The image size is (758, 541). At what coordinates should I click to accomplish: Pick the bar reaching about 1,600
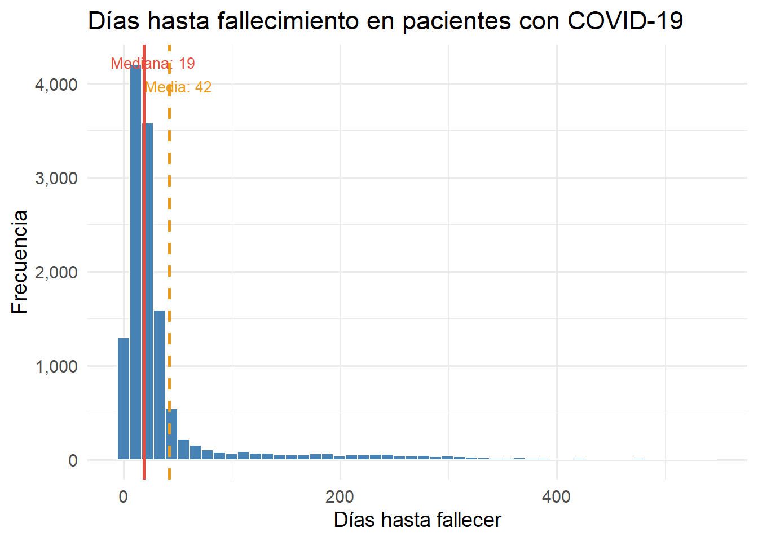[159, 389]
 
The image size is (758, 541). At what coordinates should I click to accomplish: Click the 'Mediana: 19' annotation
[153, 64]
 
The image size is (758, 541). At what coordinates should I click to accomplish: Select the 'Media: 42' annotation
[178, 87]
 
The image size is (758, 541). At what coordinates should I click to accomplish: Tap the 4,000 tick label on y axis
[56, 85]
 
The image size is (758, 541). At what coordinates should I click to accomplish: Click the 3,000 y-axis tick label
[56, 178]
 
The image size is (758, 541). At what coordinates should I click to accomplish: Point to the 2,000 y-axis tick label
[56, 272]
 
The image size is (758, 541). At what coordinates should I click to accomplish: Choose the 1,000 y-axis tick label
[56, 366]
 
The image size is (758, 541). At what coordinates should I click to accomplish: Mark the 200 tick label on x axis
[340, 497]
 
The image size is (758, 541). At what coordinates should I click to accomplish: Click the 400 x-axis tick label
[556, 497]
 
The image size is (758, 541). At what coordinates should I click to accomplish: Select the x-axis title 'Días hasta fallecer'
[417, 520]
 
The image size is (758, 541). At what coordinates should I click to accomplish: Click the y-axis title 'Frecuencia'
[19, 262]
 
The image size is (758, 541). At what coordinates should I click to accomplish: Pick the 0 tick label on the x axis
[124, 497]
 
